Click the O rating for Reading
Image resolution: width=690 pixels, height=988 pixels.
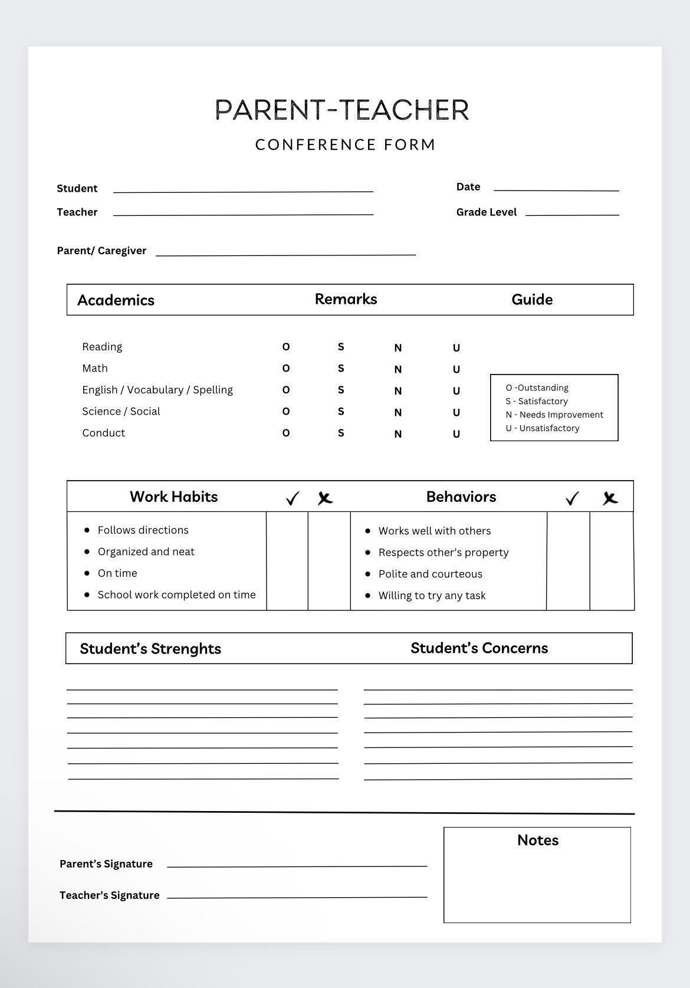[x=286, y=347]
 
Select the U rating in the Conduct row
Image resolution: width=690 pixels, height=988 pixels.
[x=456, y=434]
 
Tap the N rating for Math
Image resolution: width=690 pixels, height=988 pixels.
[x=398, y=369]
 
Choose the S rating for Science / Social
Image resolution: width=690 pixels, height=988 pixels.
[x=341, y=412]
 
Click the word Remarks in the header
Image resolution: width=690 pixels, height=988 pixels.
[x=346, y=299]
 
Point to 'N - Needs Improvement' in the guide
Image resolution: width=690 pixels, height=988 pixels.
[x=554, y=415]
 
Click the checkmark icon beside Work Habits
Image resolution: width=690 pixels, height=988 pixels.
[x=292, y=499]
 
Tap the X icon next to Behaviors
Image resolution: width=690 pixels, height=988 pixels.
[x=610, y=499]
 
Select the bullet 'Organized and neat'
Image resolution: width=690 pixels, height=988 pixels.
[x=146, y=552]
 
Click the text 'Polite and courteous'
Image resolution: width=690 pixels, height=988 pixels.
[x=430, y=574]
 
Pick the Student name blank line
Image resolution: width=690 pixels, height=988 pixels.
[x=243, y=190]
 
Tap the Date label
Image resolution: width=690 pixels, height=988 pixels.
[x=468, y=187]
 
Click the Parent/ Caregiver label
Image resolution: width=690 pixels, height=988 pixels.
[x=101, y=251]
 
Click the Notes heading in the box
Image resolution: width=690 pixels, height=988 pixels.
[x=537, y=840]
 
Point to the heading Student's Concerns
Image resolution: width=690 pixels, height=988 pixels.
[x=479, y=648]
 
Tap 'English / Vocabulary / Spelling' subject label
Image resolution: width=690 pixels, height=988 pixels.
[x=157, y=390]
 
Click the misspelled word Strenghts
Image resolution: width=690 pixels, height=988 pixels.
[x=186, y=649]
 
